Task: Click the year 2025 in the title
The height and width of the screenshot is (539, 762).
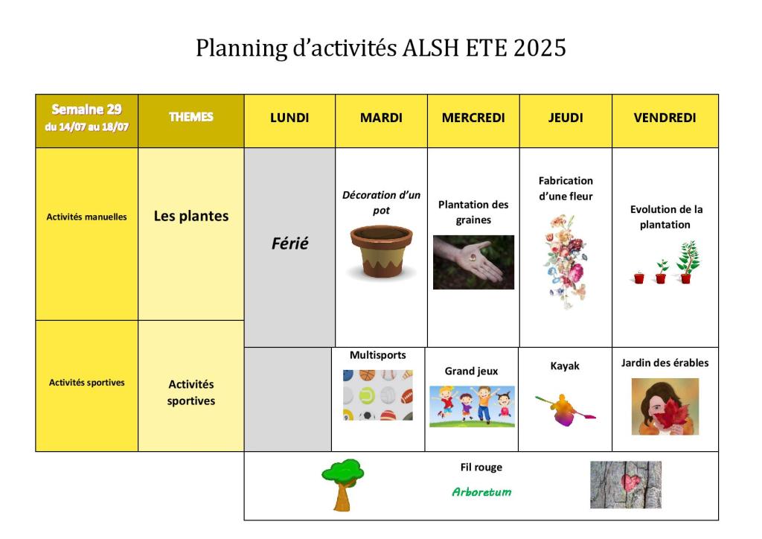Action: pyautogui.click(x=540, y=48)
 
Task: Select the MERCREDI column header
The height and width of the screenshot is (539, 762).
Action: pyautogui.click(x=473, y=118)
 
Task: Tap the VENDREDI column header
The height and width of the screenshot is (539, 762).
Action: pyautogui.click(x=665, y=118)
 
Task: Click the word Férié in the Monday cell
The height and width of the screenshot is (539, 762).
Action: pyautogui.click(x=289, y=243)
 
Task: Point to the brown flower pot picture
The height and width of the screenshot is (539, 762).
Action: pyautogui.click(x=382, y=251)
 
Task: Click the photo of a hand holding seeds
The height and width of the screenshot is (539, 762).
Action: pyautogui.click(x=473, y=263)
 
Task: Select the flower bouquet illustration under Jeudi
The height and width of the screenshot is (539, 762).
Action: pyautogui.click(x=566, y=261)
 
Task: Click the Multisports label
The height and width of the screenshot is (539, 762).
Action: pyautogui.click(x=377, y=355)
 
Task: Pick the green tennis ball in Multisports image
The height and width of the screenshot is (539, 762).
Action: pyautogui.click(x=367, y=395)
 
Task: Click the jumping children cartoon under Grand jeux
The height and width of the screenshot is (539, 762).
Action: pyautogui.click(x=472, y=406)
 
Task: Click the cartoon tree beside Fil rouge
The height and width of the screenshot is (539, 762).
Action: pyautogui.click(x=343, y=485)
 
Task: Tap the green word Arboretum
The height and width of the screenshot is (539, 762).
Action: pyautogui.click(x=481, y=492)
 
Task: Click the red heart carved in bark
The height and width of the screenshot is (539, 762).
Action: pyautogui.click(x=631, y=482)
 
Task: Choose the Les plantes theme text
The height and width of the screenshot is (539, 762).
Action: pyautogui.click(x=191, y=217)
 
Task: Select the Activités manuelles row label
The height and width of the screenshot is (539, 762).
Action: pyautogui.click(x=86, y=217)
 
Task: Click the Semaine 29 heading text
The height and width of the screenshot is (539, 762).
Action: pyautogui.click(x=86, y=109)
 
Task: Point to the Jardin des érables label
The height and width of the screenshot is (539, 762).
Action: pyautogui.click(x=665, y=363)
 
